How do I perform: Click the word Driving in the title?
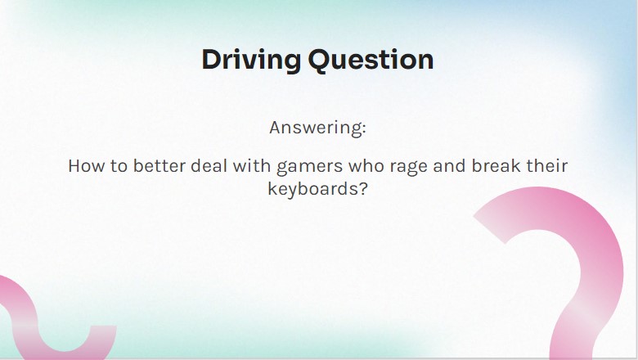[x=251, y=61]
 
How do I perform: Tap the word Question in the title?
[x=371, y=60]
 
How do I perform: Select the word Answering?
[x=316, y=128]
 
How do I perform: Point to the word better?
[x=159, y=166]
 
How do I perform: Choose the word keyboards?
[x=313, y=190]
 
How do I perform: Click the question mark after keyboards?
[x=363, y=189]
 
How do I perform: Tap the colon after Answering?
[x=364, y=129]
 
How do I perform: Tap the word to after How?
[x=119, y=166]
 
